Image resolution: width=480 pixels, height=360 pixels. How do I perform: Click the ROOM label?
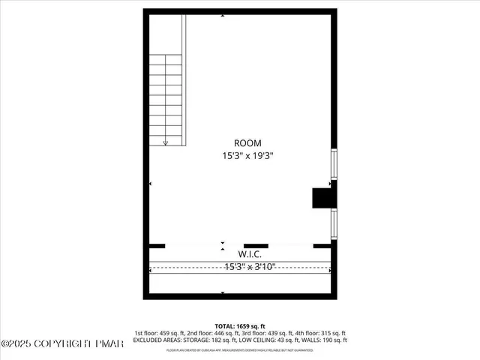click(247, 142)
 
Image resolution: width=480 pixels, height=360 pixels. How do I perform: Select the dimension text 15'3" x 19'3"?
click(247, 157)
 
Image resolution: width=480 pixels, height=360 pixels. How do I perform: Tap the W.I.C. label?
click(250, 253)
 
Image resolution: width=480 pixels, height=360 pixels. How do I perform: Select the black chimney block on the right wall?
click(324, 196)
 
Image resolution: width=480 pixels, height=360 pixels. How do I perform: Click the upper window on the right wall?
click(334, 164)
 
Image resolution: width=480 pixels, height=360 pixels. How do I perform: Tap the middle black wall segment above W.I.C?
click(256, 245)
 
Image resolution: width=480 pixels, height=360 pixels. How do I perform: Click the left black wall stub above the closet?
click(157, 245)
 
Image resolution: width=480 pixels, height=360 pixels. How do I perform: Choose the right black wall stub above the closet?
click(322, 245)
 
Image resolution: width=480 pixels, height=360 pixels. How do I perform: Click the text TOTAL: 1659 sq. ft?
click(240, 325)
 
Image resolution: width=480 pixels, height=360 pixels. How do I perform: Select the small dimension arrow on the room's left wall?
click(150, 184)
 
